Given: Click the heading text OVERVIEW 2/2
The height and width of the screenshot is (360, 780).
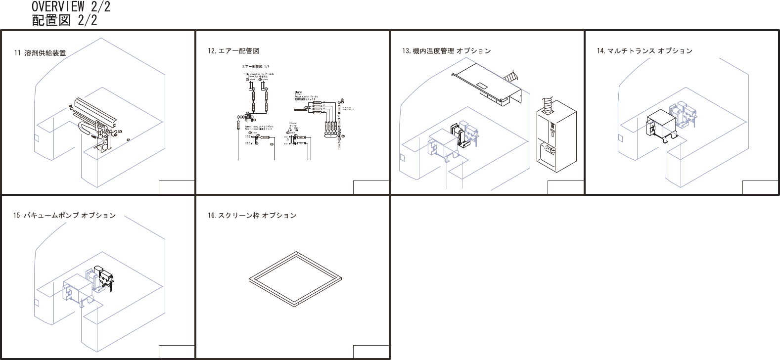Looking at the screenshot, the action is [71, 7].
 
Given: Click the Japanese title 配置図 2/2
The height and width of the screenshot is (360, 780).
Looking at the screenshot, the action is [64, 20].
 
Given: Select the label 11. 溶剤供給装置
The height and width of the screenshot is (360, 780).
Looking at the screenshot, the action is [40, 53].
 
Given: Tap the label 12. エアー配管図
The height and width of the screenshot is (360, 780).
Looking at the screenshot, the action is [233, 51].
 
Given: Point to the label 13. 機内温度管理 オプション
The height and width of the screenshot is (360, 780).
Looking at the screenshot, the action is [446, 51].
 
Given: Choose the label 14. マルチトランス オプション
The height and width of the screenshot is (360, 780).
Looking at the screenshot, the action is [644, 51].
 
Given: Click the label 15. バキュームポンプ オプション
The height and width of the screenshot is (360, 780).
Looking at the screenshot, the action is [64, 216].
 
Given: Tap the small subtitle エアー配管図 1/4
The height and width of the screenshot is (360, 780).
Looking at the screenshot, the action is [256, 66].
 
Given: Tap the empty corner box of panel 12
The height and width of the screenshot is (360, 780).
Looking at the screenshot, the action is [371, 187].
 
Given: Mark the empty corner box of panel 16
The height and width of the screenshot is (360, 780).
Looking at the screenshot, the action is [371, 352].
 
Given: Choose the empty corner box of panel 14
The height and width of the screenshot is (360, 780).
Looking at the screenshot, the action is [760, 187].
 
